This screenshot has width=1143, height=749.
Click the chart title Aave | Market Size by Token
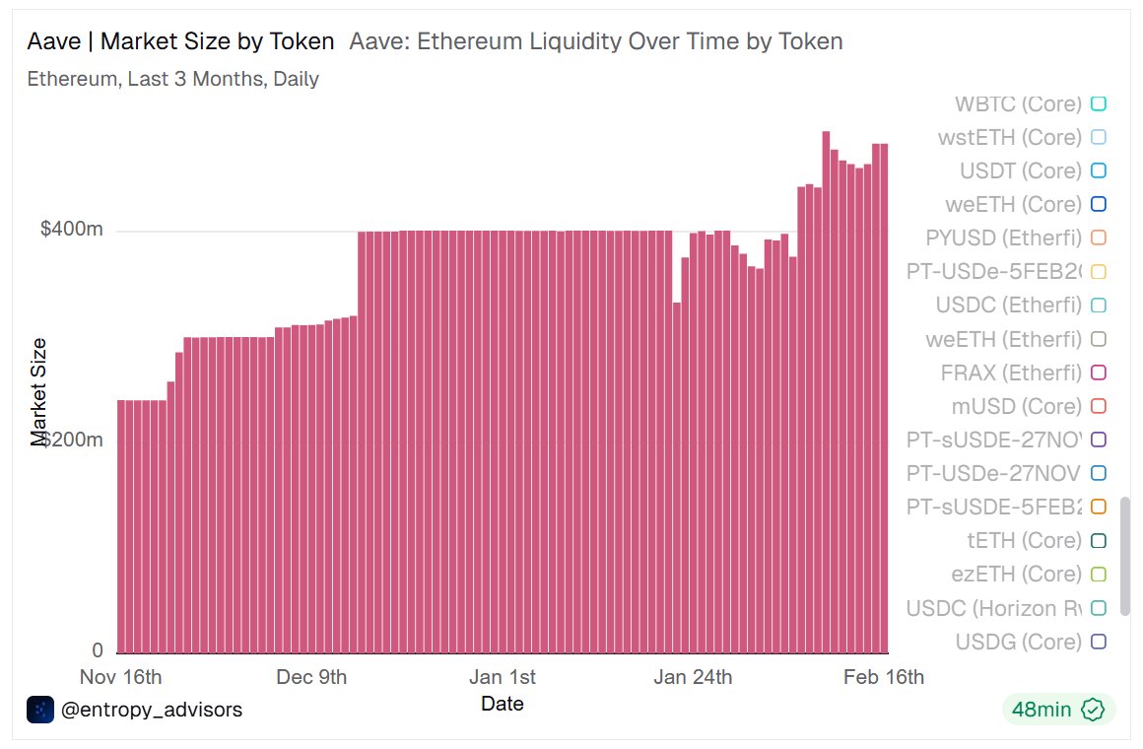coord(180,41)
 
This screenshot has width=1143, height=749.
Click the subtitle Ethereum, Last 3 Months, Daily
coord(172,79)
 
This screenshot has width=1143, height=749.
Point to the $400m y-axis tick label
coord(72,229)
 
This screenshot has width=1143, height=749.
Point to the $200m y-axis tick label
coord(72,440)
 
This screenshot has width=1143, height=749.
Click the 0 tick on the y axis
coord(97,650)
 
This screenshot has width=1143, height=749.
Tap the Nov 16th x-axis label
coord(120,677)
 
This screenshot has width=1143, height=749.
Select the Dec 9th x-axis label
coord(311,677)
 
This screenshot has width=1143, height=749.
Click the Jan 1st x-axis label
coord(503,677)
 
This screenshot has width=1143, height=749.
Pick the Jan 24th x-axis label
coord(693,677)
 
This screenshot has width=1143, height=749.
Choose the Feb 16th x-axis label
coord(884,677)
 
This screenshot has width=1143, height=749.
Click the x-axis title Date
coord(503,704)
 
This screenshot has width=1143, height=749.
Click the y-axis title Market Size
coord(39,391)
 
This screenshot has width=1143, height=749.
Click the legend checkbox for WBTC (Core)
coord(1099,103)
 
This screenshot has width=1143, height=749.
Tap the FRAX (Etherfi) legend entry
coord(1011,374)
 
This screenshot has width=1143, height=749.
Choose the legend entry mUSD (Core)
coord(1015,406)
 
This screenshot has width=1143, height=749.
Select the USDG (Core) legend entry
coord(1018,642)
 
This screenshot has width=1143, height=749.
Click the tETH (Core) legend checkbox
coord(1099,540)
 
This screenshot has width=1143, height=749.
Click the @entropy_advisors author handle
coord(151,710)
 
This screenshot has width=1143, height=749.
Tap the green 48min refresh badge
coord(1058,710)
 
